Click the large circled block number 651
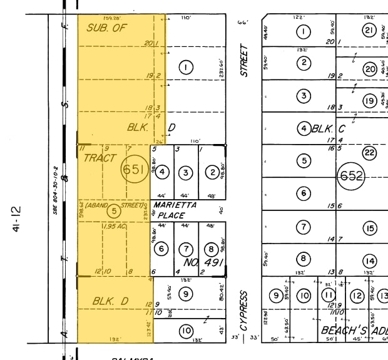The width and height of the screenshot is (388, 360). click(133, 170)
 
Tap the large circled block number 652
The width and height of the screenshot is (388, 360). click(351, 177)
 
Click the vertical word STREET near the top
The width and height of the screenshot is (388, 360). click(245, 60)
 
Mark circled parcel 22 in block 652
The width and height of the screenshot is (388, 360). click(370, 153)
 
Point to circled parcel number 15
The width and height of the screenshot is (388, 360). click(370, 228)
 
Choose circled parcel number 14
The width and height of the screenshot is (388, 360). click(370, 260)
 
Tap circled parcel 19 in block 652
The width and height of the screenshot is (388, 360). click(370, 100)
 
